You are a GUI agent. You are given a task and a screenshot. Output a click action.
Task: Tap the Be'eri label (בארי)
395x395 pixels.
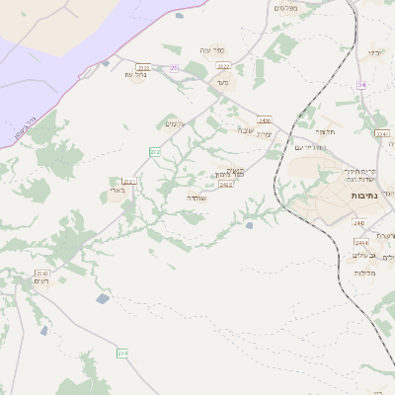click(x=118, y=190)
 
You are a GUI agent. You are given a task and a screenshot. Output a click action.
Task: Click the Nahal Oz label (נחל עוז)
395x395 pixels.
click(x=135, y=74)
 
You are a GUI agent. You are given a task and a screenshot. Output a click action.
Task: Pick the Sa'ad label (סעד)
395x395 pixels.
click(x=221, y=83)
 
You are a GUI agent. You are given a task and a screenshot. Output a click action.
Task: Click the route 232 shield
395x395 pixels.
click(x=155, y=151)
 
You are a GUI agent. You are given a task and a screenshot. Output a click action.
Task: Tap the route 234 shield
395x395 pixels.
click(x=122, y=353)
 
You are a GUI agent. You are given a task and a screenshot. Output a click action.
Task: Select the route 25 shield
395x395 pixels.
click(x=174, y=67)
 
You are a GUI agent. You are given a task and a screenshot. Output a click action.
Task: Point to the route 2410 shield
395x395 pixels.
click(x=265, y=120)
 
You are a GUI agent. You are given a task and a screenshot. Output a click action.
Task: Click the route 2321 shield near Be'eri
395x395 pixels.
click(x=129, y=182)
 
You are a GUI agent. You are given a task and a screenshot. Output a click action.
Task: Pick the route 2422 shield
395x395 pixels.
click(x=226, y=185)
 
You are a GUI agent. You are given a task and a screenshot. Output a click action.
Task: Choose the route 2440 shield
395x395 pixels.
click(x=357, y=222)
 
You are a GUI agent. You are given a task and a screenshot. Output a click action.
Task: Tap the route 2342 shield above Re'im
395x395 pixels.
click(x=41, y=273)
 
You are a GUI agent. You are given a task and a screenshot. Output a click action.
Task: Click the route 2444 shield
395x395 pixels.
click(x=360, y=241)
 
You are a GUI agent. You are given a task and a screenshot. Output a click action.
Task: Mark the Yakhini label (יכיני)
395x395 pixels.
click(x=373, y=51)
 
